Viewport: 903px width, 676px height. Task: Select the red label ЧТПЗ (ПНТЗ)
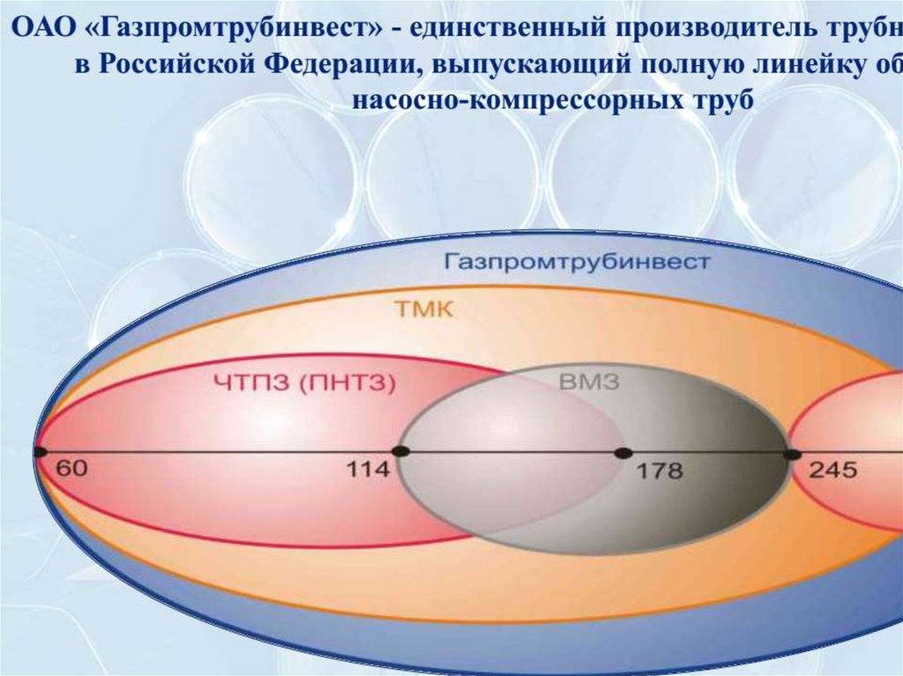pyautogui.click(x=304, y=382)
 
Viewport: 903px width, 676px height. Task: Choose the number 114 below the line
pyautogui.click(x=367, y=470)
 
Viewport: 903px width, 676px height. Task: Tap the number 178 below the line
pyautogui.click(x=660, y=471)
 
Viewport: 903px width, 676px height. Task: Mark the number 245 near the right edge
pyautogui.click(x=832, y=470)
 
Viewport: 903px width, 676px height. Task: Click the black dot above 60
pyautogui.click(x=40, y=452)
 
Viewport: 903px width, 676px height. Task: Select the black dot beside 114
pyautogui.click(x=401, y=451)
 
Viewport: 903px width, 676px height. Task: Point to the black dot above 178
pyautogui.click(x=623, y=453)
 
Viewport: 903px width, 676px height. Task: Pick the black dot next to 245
pyautogui.click(x=793, y=454)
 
